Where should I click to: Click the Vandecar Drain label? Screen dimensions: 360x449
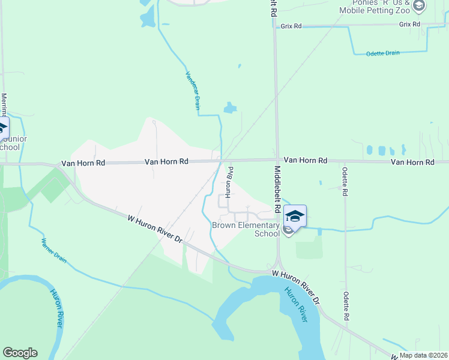(192, 91)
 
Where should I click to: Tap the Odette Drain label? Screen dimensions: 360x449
(382, 53)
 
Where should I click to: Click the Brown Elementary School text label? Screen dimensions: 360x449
(246, 229)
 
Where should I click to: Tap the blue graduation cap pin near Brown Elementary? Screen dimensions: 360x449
(295, 216)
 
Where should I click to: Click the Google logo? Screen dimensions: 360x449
(20, 353)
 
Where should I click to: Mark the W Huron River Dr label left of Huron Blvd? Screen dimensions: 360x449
(155, 228)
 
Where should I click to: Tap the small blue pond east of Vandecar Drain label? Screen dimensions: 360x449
(230, 108)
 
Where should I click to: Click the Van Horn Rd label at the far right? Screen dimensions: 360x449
(412, 162)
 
